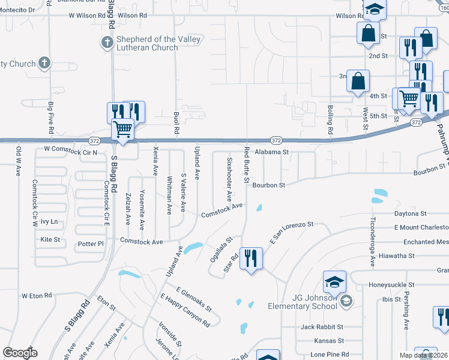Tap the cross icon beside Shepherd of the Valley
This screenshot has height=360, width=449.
pos(106,42)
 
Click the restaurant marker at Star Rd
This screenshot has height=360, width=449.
pos(251,259)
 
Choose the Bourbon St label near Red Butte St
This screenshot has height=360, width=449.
pos(268,185)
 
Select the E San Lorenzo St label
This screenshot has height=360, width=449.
pos(292,232)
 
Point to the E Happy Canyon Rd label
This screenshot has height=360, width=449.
pos(185,310)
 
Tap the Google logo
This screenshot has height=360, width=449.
pos(20,352)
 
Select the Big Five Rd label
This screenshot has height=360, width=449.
pos(50,118)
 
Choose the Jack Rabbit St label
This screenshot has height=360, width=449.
pos(322,327)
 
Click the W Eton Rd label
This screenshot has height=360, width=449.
pos(37,296)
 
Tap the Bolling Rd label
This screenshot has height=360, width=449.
pos(330,119)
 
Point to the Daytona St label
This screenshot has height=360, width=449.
pos(410,213)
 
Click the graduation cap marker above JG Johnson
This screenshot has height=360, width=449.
pos(335,281)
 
